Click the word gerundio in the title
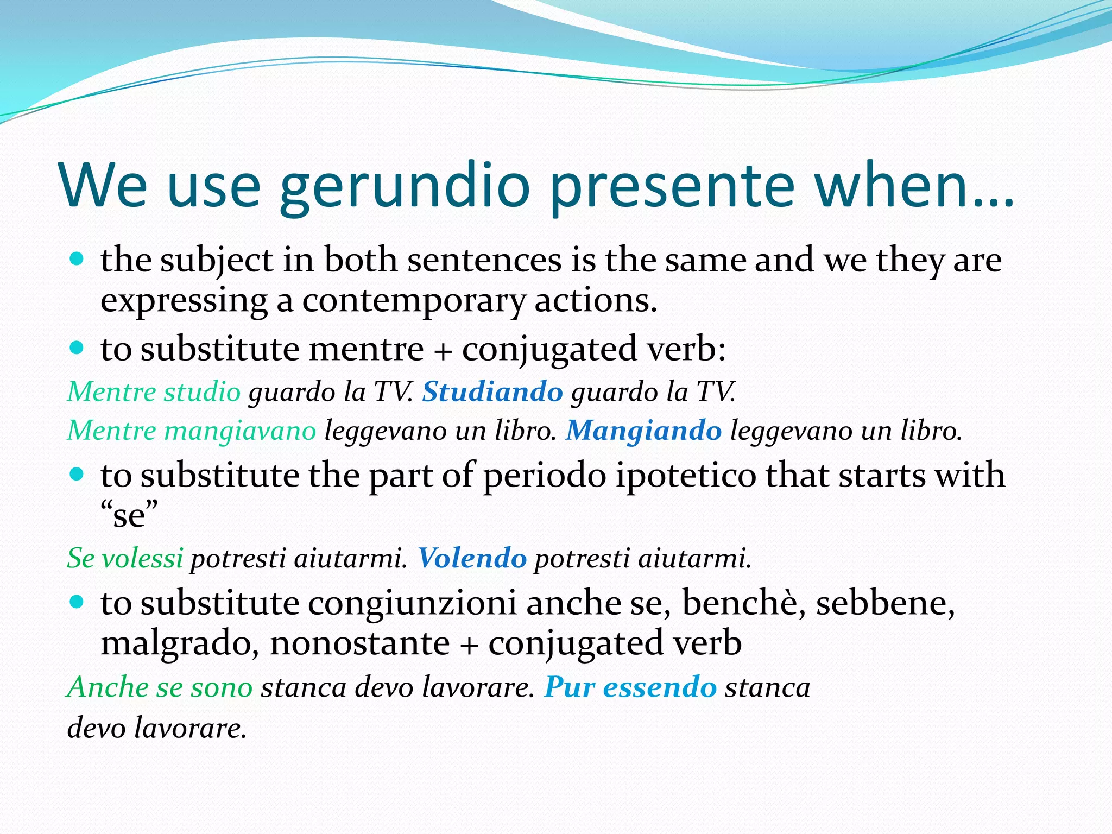[405, 187]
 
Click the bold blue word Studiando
[492, 391]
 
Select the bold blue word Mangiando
[643, 431]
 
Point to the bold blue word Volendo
[472, 558]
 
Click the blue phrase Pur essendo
[630, 687]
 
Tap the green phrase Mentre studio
[154, 391]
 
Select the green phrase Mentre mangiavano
[191, 431]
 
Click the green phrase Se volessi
[125, 558]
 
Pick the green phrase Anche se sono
[160, 687]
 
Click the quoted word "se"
[129, 515]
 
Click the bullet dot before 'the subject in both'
[77, 258]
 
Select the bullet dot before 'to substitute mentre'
[77, 347]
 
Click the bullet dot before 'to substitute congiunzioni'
[77, 602]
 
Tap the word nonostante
[359, 644]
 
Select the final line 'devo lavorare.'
[156, 728]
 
